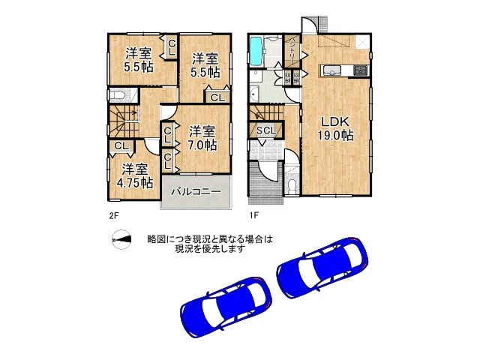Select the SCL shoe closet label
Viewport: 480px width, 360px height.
(266, 130)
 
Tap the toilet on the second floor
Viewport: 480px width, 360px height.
(118, 95)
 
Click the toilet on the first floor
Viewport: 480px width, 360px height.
(292, 184)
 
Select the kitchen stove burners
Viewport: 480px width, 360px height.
(359, 71)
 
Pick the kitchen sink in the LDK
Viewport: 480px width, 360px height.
(333, 71)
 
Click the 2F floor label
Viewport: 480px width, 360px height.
(113, 215)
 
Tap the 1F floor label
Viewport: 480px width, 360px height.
(254, 215)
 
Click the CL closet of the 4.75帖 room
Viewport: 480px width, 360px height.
(119, 145)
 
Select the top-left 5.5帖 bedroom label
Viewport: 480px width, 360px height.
(139, 59)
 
